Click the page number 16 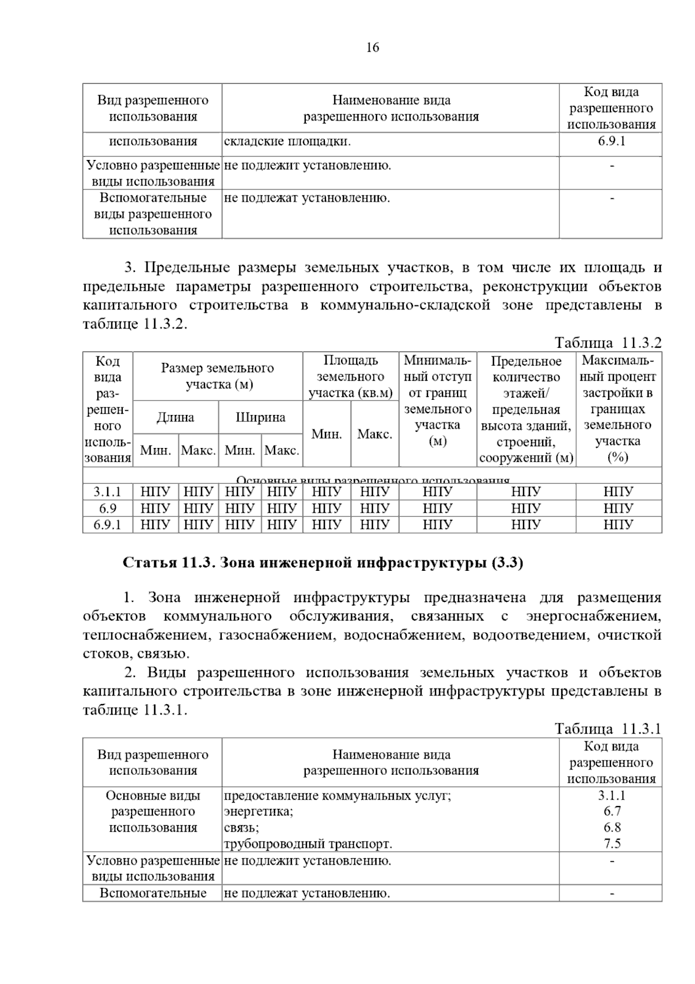point(372,48)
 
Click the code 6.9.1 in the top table point(611,141)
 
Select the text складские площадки point(287,141)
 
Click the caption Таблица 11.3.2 point(608,342)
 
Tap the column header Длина point(175,417)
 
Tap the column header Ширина point(260,417)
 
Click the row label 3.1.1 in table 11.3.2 point(108,492)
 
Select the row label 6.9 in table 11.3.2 point(108,508)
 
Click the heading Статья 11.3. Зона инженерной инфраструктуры point(323,563)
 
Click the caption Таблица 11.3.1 point(608,728)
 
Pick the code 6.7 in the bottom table point(612,811)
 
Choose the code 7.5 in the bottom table point(612,844)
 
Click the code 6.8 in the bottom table point(612,828)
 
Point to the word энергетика point(258,811)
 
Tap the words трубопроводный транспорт point(308,844)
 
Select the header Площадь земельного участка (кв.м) point(350,377)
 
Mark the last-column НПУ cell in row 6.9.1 point(618,524)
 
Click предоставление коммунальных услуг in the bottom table point(337,796)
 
